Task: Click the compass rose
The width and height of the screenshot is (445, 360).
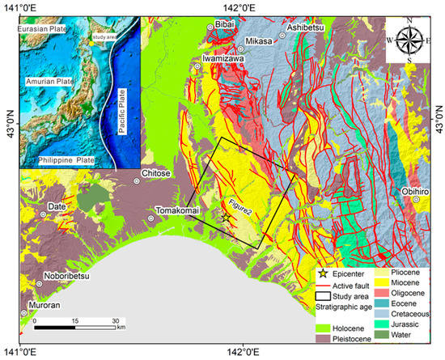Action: click(x=409, y=40)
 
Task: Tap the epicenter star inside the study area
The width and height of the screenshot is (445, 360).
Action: click(x=226, y=217)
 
